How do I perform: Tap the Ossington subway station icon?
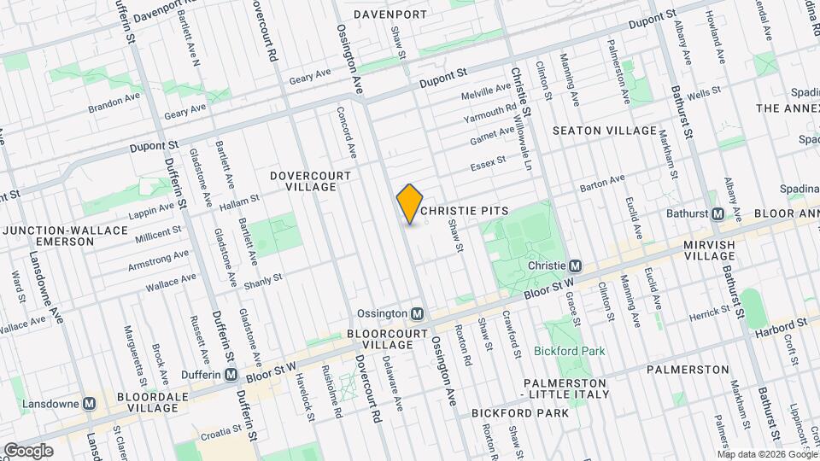tap(418, 313)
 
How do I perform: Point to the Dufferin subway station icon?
tap(231, 375)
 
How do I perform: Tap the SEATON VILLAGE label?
tap(605, 131)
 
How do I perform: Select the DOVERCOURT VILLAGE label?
tap(310, 181)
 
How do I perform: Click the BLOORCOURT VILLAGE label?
tap(380, 339)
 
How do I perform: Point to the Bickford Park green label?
tap(569, 351)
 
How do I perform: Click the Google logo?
tap(27, 451)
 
